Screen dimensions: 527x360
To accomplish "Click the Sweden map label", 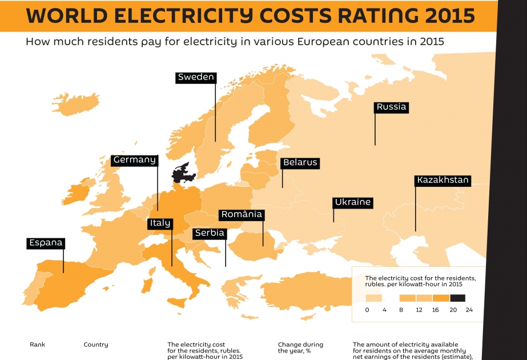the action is tap(196, 77).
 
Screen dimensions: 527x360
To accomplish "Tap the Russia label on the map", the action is tap(391, 107).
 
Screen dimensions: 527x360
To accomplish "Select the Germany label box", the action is tap(134, 160).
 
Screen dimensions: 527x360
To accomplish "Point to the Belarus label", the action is tap(300, 163).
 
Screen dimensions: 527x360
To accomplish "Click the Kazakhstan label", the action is tap(442, 181).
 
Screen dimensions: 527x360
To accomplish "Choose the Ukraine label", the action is tap(353, 202).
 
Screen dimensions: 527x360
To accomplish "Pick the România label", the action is tap(242, 215).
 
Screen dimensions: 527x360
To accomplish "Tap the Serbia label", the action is tap(210, 233).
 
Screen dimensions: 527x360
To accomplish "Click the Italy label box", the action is tap(160, 223).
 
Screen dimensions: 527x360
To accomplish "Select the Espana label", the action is tap(46, 243).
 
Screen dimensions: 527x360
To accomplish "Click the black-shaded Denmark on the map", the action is tap(183, 173).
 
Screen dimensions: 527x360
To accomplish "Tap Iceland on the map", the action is tap(76, 103).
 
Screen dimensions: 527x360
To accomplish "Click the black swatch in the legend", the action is tap(458, 298).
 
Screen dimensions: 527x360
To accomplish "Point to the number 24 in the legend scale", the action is tap(469, 310).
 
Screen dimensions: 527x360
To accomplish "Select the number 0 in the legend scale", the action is tap(367, 310).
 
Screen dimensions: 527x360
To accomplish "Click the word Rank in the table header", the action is tap(37, 345).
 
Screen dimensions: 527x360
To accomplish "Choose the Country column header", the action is tap(96, 345).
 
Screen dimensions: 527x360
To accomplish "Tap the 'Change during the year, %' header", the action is tap(300, 347).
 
